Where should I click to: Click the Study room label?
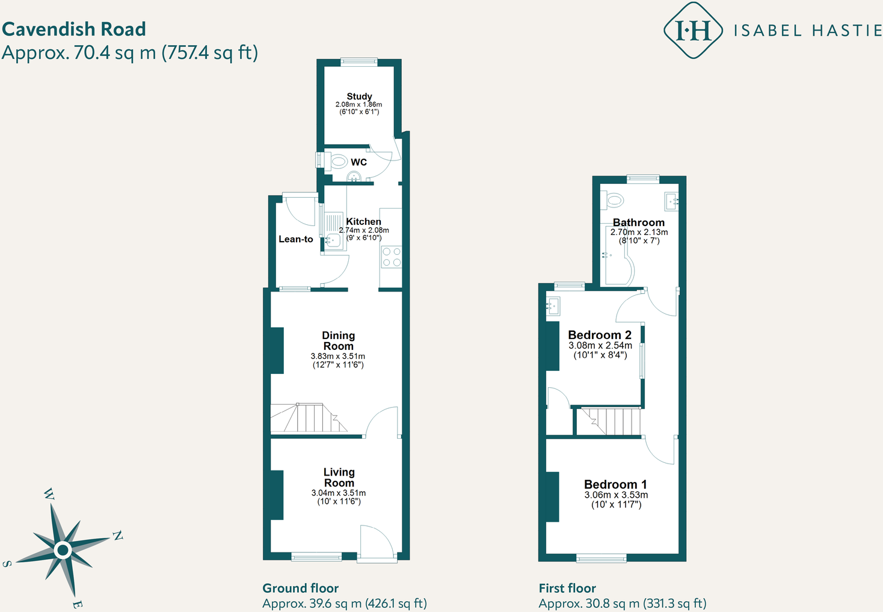point(359,96)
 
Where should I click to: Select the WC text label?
point(358,162)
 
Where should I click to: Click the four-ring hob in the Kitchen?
point(392,257)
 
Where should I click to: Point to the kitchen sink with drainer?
point(333,231)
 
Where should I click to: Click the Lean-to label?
point(295,239)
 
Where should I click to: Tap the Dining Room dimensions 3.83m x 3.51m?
point(337,356)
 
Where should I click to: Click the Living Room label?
point(339,477)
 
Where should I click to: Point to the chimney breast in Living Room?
point(277,495)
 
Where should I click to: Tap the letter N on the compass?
point(117,536)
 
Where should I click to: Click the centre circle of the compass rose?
point(63,549)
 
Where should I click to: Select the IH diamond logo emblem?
point(693,30)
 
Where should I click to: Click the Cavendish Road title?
point(74,29)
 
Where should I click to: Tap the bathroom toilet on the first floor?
point(614,199)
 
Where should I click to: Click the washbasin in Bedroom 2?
point(553,306)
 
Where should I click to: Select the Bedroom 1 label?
point(615,485)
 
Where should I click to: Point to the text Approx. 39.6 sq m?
point(312,604)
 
